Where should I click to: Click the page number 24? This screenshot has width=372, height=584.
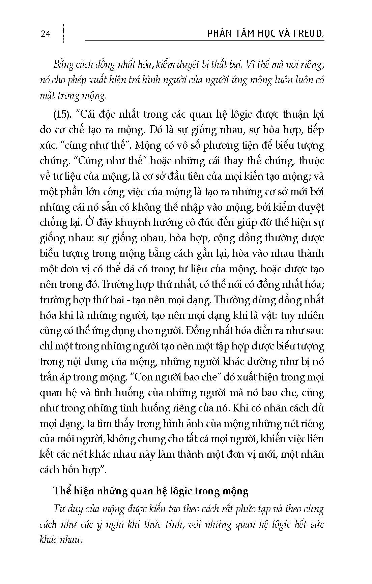(45, 34)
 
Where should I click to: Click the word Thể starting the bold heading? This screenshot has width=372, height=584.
(61, 491)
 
